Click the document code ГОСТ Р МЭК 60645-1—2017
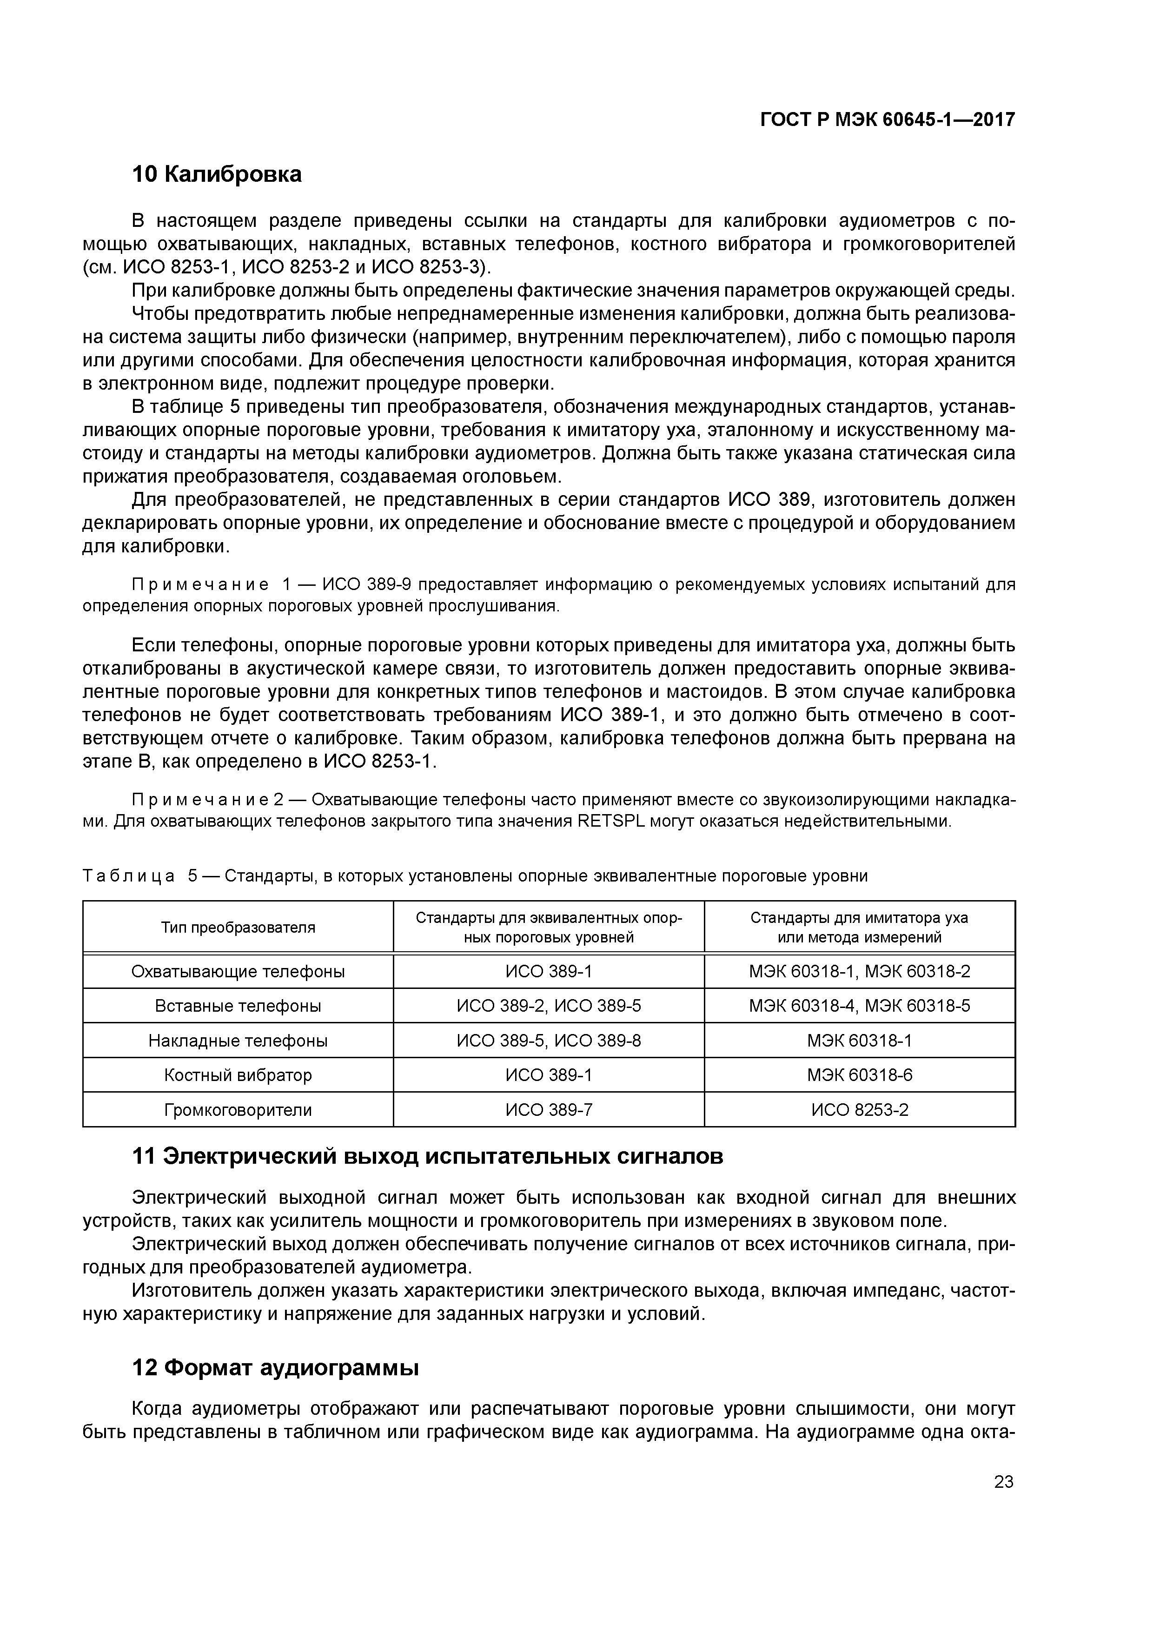click(x=887, y=120)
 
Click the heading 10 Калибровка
click(x=217, y=174)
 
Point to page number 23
click(x=1003, y=1482)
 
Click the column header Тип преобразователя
click(x=238, y=927)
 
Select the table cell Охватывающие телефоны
click(x=238, y=972)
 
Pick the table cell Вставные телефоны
click(x=238, y=1006)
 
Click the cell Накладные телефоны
click(x=238, y=1041)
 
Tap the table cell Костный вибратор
click(x=238, y=1075)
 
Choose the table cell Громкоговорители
click(x=238, y=1110)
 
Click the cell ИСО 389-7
click(x=549, y=1110)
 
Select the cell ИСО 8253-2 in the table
click(x=860, y=1110)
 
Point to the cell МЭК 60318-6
click(x=860, y=1075)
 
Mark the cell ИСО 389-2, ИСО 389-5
click(x=549, y=1006)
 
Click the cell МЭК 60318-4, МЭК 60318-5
click(x=860, y=1006)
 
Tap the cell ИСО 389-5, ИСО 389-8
click(x=549, y=1041)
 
